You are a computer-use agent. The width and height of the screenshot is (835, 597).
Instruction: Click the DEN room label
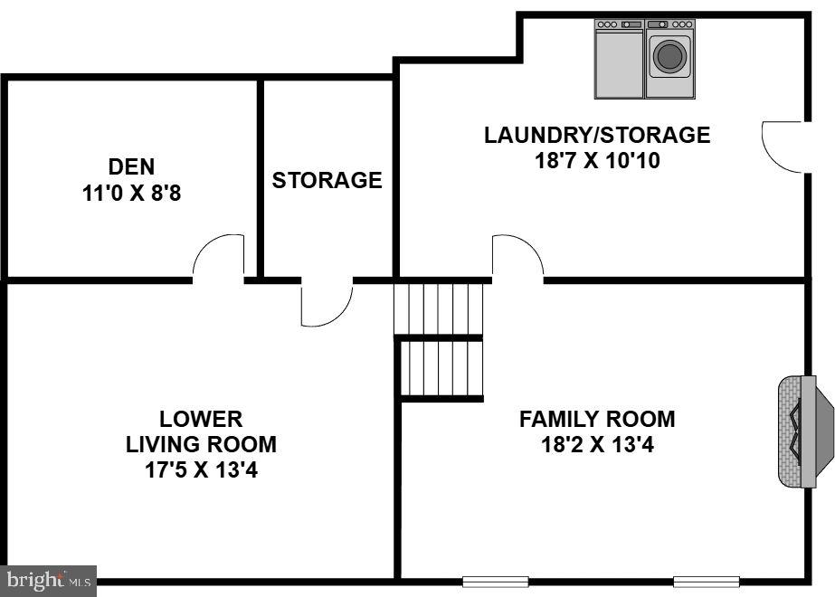(131, 166)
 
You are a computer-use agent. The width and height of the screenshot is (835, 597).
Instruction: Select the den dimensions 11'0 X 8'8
(131, 193)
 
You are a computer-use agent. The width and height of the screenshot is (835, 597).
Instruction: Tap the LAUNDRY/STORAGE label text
(597, 136)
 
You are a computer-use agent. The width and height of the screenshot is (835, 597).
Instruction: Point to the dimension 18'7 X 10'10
(597, 161)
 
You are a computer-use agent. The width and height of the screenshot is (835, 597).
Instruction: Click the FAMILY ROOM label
(597, 420)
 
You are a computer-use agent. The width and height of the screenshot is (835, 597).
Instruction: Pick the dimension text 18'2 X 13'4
(597, 445)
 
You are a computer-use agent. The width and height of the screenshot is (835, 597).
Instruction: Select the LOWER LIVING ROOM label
(201, 432)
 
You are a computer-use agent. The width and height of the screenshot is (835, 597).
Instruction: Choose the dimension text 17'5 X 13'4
(201, 470)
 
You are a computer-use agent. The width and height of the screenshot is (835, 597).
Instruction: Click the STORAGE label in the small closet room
(327, 180)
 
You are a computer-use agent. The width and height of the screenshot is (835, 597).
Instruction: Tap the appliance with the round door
(669, 59)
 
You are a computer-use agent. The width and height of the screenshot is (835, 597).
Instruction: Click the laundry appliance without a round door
(619, 59)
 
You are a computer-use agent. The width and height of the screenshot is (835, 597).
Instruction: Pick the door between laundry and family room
(517, 257)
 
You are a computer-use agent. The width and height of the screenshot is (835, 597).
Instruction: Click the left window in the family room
(495, 581)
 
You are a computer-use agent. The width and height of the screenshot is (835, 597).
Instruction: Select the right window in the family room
(706, 581)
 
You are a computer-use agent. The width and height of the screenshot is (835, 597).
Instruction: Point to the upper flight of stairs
(439, 308)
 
